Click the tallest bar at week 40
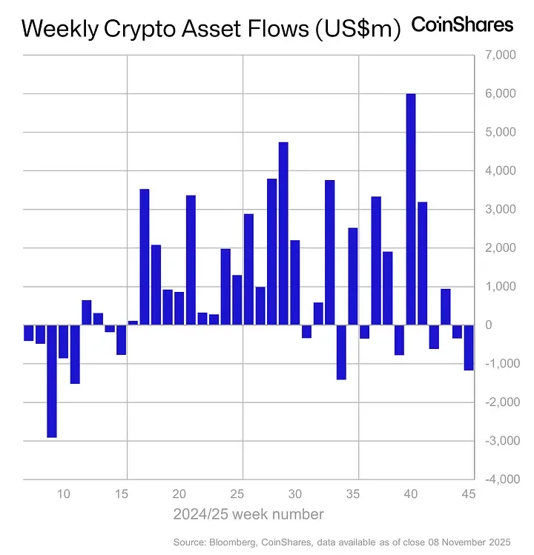pyautogui.click(x=410, y=209)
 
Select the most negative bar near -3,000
pyautogui.click(x=52, y=381)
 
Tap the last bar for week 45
pyautogui.click(x=469, y=348)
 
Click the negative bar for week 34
pyautogui.click(x=341, y=352)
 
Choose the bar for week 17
pyautogui.click(x=145, y=256)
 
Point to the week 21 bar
pyautogui.click(x=191, y=259)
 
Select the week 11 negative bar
pyautogui.click(x=75, y=354)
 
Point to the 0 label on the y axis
pyautogui.click(x=504, y=325)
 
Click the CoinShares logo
pyautogui.click(x=462, y=25)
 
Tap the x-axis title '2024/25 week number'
pyautogui.click(x=248, y=514)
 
